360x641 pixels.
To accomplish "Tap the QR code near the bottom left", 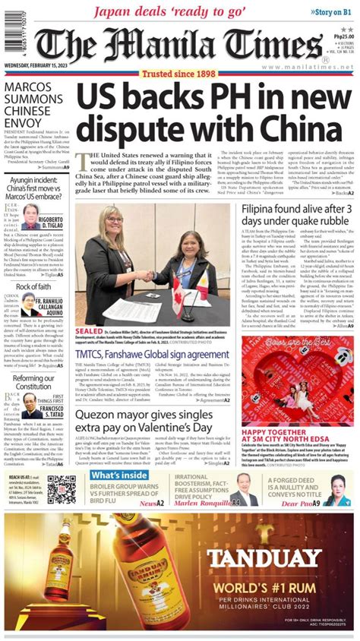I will (62, 489).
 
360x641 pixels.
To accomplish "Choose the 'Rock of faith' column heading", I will (33, 286).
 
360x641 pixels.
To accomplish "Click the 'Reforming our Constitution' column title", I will (33, 383).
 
